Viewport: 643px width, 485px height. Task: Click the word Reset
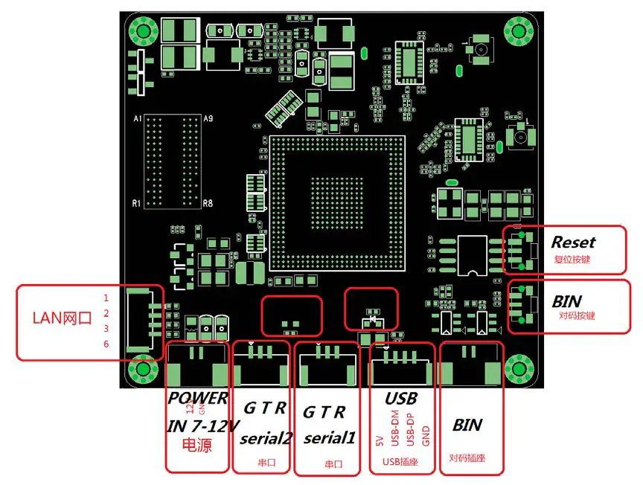click(573, 242)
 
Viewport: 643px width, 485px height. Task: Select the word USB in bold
click(400, 399)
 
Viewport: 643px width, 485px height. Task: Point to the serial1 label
click(327, 438)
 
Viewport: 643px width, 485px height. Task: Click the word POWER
click(196, 398)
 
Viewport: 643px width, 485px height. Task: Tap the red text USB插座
click(400, 462)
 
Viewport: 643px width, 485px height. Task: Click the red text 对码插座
click(467, 458)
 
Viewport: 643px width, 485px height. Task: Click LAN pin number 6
click(106, 344)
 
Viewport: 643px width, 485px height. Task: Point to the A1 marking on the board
click(137, 119)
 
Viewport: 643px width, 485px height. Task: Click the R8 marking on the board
click(208, 202)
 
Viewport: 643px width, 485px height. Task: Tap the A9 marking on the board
click(208, 119)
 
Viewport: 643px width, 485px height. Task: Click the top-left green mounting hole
click(142, 31)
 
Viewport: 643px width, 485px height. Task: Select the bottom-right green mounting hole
click(516, 369)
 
